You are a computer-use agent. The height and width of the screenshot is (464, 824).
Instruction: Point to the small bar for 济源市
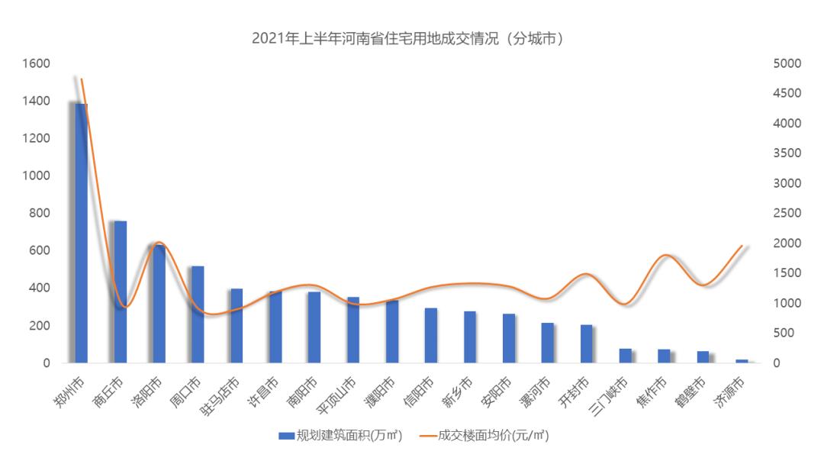click(742, 361)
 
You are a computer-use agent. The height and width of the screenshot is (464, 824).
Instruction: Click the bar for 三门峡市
click(626, 356)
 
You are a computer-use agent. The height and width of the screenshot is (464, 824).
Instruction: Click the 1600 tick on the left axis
click(36, 63)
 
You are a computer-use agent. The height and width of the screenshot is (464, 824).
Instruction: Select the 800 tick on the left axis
click(39, 213)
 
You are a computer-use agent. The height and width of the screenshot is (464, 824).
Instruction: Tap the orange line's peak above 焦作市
click(665, 255)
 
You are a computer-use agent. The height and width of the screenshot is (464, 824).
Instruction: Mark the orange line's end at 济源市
click(742, 246)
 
